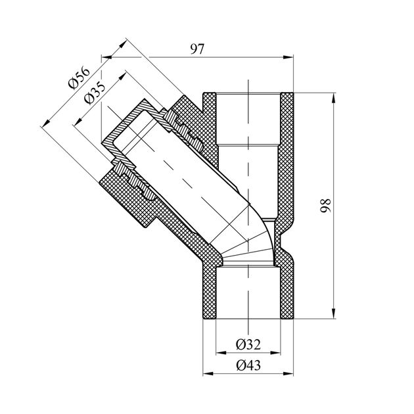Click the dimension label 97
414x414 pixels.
(197, 49)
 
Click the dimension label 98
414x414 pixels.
(325, 206)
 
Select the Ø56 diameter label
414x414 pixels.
(79, 78)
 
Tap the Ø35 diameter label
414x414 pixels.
(95, 93)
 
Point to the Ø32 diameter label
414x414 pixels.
(248, 344)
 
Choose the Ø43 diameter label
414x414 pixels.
(248, 365)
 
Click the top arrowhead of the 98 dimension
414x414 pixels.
(334, 98)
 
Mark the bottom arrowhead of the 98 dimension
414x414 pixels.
(334, 313)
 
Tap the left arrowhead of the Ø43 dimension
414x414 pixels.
(208, 374)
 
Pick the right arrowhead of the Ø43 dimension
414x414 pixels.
(288, 374)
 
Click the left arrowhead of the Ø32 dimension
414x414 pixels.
(221, 353)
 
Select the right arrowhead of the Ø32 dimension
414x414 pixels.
(275, 353)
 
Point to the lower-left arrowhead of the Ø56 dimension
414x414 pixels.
(46, 123)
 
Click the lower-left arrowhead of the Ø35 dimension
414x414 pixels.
(78, 122)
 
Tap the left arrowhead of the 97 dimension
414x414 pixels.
(106, 57)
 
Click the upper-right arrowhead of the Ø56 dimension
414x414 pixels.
(122, 43)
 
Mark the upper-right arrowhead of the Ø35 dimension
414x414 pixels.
(122, 76)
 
